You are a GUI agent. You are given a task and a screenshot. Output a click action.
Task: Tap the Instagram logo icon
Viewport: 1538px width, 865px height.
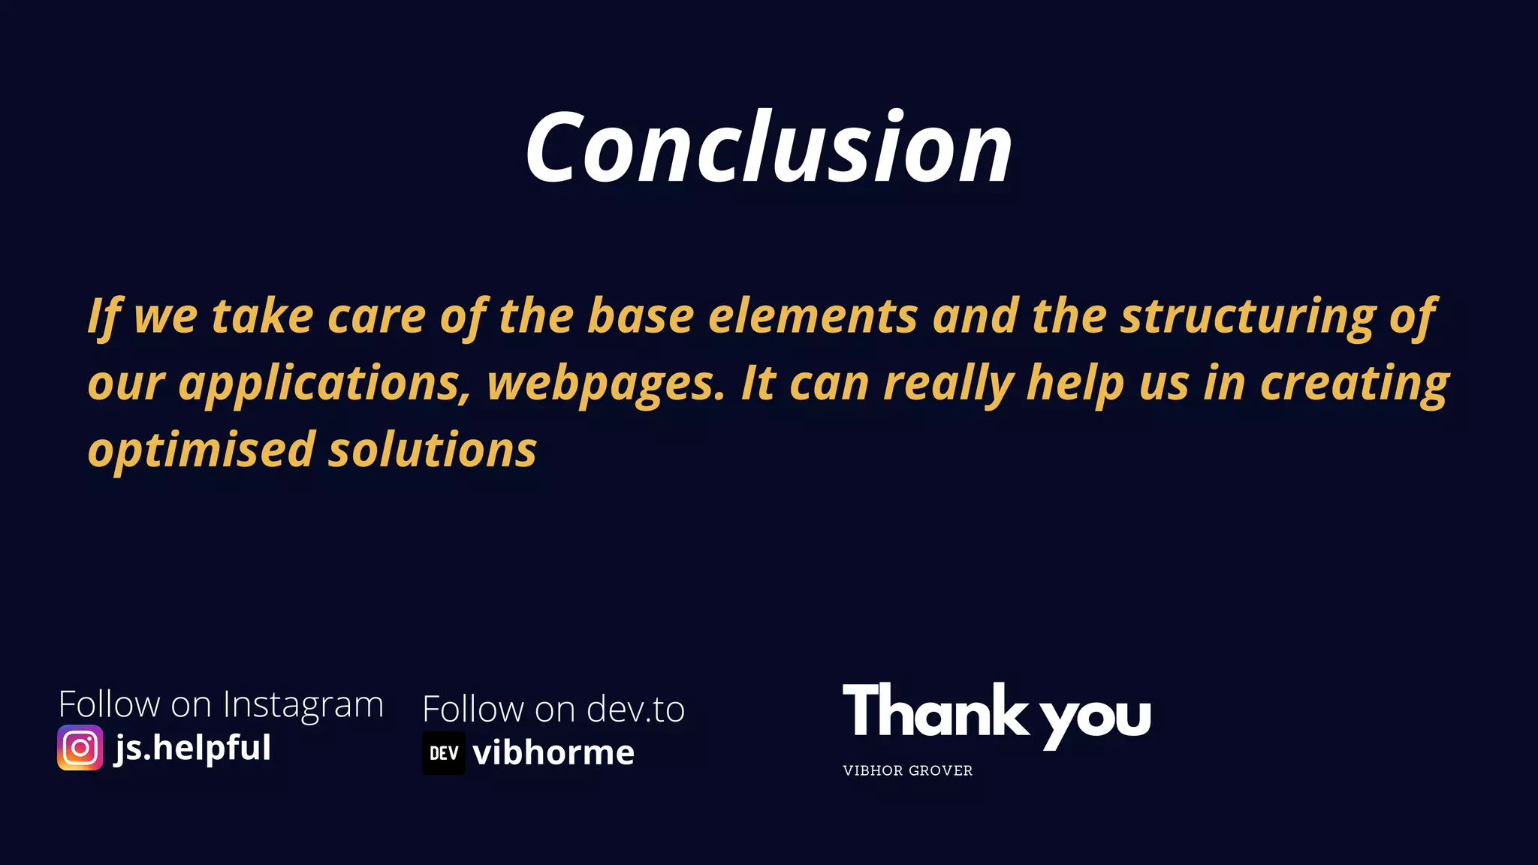pos(80,748)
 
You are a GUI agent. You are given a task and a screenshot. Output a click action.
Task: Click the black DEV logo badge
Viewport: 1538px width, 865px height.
pos(444,753)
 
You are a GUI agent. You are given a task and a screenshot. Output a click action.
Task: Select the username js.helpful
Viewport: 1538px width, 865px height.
pos(193,748)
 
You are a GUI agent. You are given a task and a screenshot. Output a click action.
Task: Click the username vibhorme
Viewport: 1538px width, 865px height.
pos(553,753)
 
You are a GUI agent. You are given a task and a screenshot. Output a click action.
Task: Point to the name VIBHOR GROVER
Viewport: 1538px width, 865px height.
pos(907,770)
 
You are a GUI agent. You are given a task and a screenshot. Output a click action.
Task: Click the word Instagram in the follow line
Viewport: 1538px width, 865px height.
pos(303,705)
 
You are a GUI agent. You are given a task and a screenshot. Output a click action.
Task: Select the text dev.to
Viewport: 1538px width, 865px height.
pos(635,710)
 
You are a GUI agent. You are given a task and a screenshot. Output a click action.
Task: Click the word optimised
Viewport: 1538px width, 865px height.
pos(201,451)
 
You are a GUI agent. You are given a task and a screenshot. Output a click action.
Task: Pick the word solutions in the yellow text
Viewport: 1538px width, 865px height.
pos(433,451)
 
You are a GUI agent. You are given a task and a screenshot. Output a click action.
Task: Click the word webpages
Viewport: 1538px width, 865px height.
pos(606,384)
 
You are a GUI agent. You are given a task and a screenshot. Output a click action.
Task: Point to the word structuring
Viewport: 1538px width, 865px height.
pos(1247,316)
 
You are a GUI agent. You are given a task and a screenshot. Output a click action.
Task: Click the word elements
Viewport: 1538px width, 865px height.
pos(813,316)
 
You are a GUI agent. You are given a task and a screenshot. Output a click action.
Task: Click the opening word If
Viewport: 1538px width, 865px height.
pos(104,316)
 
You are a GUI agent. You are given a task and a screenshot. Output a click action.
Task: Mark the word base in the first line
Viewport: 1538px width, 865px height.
pos(641,316)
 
